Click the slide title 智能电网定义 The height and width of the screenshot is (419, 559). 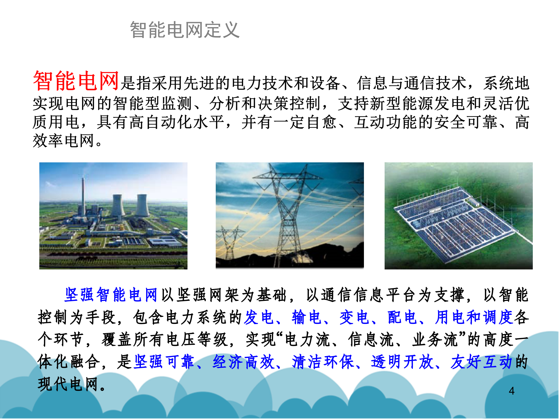click(185, 30)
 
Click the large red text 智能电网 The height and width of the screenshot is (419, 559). click(76, 81)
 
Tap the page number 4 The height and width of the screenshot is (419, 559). click(512, 391)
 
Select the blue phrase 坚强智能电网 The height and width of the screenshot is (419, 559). click(111, 295)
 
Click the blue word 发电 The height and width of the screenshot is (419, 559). click(259, 317)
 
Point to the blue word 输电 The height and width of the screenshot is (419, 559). click(307, 317)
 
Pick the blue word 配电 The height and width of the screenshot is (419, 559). click(402, 317)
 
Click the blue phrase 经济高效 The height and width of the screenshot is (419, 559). click(243, 362)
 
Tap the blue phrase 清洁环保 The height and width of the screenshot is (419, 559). click(323, 362)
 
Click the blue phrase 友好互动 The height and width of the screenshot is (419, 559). click(481, 362)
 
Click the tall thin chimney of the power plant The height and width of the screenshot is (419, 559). click(83, 198)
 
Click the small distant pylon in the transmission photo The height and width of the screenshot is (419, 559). click(230, 242)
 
